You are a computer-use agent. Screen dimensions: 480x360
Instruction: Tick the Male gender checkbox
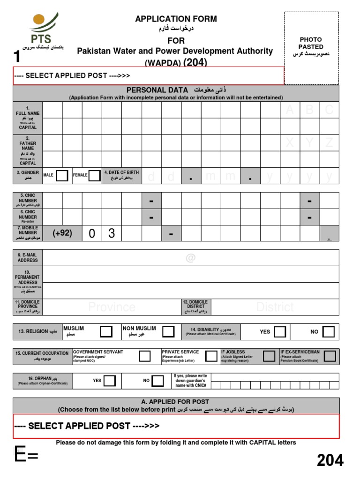coord(62,176)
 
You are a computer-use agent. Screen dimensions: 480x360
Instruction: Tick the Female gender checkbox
coord(94,176)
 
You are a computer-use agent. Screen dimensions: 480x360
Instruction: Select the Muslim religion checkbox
coord(106,331)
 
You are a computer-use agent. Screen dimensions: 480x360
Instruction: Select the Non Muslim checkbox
coord(168,331)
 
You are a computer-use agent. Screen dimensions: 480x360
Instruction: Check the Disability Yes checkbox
coord(280,332)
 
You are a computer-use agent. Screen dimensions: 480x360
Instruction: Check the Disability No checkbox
coord(329,332)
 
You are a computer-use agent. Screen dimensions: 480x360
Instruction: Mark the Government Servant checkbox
coord(144,356)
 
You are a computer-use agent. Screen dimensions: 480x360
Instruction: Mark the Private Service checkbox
coord(211,356)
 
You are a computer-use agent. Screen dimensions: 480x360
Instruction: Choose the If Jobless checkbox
coord(269,356)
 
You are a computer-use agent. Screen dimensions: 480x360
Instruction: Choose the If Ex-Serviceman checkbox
coord(330,356)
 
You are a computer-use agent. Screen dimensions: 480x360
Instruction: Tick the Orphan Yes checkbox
coord(110,381)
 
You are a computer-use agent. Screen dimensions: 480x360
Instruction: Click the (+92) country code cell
coord(62,233)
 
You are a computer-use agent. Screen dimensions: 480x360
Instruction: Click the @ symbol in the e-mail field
coord(190,258)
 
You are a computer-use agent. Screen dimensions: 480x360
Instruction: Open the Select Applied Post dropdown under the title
coord(148,75)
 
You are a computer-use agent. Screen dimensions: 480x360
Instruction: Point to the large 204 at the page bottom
coord(330,460)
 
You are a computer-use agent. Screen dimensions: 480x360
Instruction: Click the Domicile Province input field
coord(112,307)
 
